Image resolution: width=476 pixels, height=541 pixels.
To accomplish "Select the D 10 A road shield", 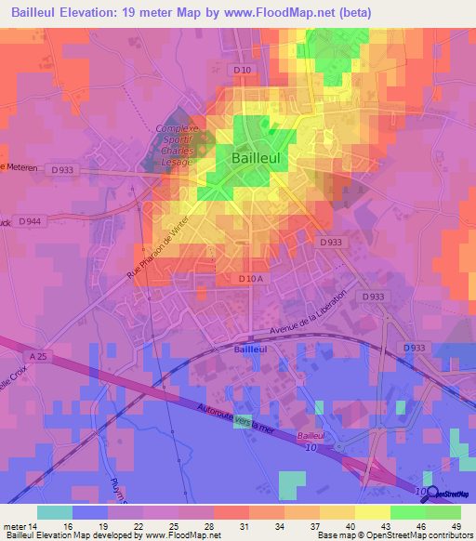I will click(x=251, y=278).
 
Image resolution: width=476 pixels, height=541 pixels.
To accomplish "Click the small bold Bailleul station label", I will click(x=250, y=350).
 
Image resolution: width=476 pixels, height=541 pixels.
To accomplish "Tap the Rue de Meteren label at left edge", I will click(x=19, y=167).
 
